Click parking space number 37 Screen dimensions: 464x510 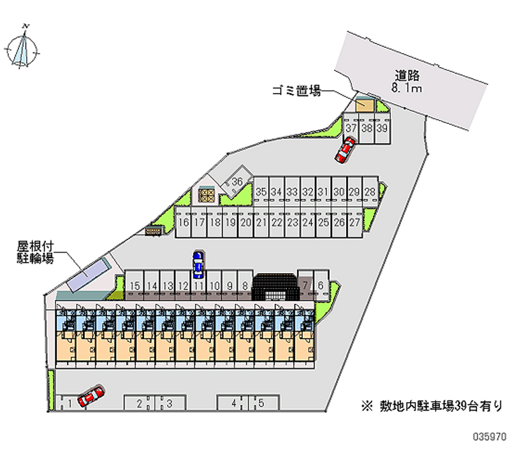[x=351, y=128]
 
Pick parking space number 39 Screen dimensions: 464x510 [x=382, y=128]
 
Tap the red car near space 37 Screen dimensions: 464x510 [x=345, y=151]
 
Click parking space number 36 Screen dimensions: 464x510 [x=237, y=181]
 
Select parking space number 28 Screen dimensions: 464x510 [x=370, y=191]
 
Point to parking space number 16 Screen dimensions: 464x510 [x=184, y=223]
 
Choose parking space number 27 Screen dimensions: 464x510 [x=354, y=223]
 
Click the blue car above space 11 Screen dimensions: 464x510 [x=199, y=264]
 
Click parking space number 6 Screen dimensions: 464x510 [x=321, y=286]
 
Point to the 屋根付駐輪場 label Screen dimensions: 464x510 [x=34, y=251]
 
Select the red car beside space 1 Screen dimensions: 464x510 [x=91, y=396]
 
